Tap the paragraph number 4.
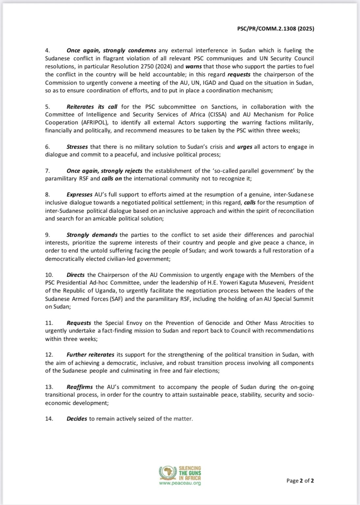[x=47, y=51]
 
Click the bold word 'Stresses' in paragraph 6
[x=77, y=147]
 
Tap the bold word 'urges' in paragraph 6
[x=244, y=147]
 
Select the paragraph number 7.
[x=47, y=171]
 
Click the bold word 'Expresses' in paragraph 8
[x=79, y=195]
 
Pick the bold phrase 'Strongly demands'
[x=92, y=235]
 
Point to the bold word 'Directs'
[x=76, y=275]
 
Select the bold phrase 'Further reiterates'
[x=90, y=355]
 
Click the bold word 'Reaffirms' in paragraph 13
[x=79, y=387]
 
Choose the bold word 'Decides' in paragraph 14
[x=77, y=419]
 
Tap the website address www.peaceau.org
[x=180, y=483]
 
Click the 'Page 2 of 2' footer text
[x=300, y=481]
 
